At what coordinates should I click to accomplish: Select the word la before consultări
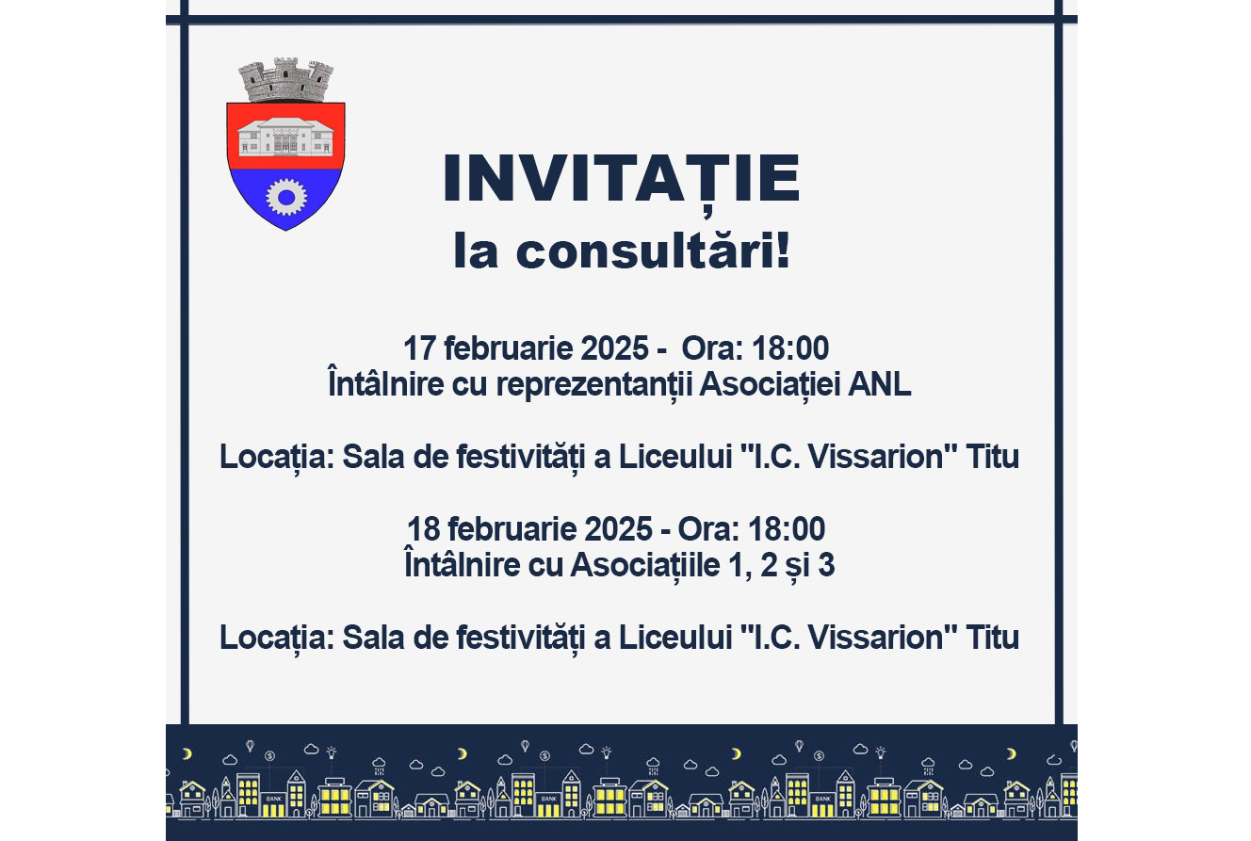tap(476, 251)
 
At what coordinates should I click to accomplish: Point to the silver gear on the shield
tap(286, 197)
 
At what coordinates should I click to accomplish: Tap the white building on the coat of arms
tap(286, 137)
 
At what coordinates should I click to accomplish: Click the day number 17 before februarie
tap(419, 348)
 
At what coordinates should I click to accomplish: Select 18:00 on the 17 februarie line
tap(790, 348)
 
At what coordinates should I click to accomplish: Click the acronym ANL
tap(879, 384)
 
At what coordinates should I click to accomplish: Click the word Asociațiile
tap(645, 566)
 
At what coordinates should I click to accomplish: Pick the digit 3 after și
tap(826, 564)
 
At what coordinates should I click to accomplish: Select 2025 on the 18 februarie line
tap(618, 529)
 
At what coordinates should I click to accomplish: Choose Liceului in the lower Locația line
tap(675, 638)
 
